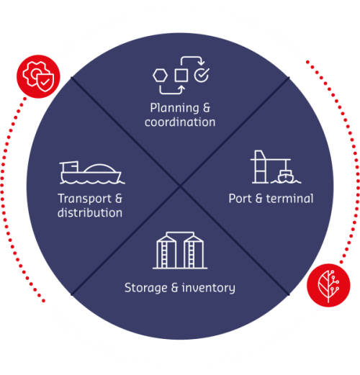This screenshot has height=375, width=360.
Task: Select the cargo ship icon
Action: point(90,172)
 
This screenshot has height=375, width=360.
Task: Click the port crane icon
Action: point(270,167)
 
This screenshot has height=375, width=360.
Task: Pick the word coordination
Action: point(180,122)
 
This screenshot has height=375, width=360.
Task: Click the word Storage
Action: point(143,288)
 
